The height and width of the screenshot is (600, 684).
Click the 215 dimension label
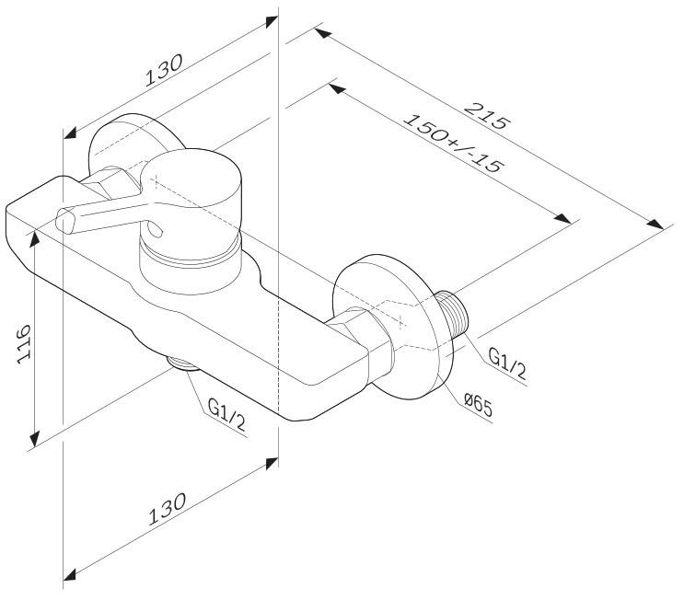coord(486,116)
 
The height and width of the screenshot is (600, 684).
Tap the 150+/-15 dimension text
coord(453,143)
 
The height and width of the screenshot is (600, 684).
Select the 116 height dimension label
coord(24,343)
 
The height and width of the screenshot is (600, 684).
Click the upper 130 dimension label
coord(164,70)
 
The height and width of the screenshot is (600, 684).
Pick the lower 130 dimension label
coord(167,508)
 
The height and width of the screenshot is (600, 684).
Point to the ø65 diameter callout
coord(478,405)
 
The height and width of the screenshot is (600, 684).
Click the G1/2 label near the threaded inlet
coord(507,363)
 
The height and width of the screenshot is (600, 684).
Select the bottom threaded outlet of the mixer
coord(183,363)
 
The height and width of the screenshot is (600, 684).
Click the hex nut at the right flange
coord(362,332)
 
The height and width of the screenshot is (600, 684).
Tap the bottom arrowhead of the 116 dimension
coord(34,438)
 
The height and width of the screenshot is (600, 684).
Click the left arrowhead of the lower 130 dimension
coord(70,574)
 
